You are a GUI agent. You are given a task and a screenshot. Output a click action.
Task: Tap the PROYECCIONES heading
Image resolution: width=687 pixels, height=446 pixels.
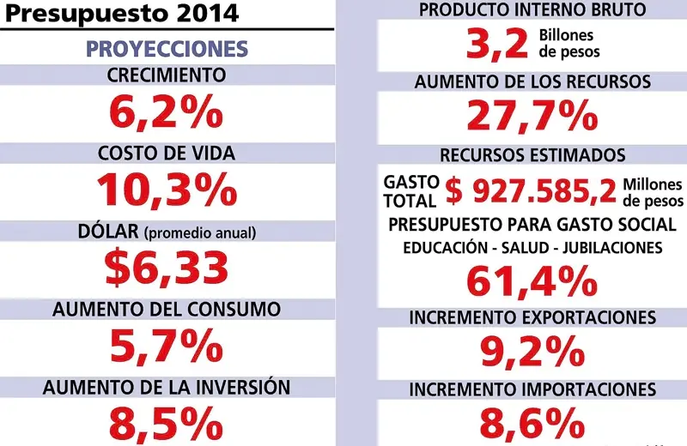(167, 48)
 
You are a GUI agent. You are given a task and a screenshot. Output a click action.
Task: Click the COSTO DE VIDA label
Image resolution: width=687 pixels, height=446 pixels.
(167, 154)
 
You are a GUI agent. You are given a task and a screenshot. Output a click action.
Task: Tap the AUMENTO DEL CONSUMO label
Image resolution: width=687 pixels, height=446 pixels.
(167, 308)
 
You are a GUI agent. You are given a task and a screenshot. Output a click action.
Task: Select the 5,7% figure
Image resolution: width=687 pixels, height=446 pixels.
(167, 345)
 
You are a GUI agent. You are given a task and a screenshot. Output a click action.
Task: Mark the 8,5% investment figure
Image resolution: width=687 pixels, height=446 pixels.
(167, 422)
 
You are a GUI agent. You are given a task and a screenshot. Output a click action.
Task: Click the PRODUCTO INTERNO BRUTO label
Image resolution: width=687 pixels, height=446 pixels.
(532, 10)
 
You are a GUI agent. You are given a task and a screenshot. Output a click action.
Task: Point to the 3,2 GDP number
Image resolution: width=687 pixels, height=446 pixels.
(496, 45)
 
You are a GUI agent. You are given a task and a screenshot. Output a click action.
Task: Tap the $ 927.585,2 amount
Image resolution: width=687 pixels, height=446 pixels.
(531, 191)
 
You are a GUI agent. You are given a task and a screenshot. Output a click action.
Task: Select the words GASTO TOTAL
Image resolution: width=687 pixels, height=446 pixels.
(411, 191)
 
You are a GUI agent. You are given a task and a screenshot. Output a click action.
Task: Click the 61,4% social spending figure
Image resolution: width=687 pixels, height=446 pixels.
(532, 281)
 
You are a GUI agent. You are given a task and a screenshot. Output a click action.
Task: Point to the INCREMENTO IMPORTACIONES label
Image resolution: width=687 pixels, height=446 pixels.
(532, 389)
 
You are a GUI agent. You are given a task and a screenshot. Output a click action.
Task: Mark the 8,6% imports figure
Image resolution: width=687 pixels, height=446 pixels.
(532, 423)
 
